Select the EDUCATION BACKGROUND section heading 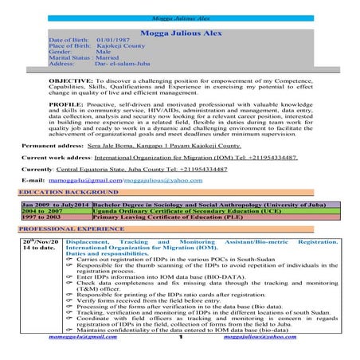tap(60, 194)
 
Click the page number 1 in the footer tap(181, 340)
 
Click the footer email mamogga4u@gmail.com tap(88, 338)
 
